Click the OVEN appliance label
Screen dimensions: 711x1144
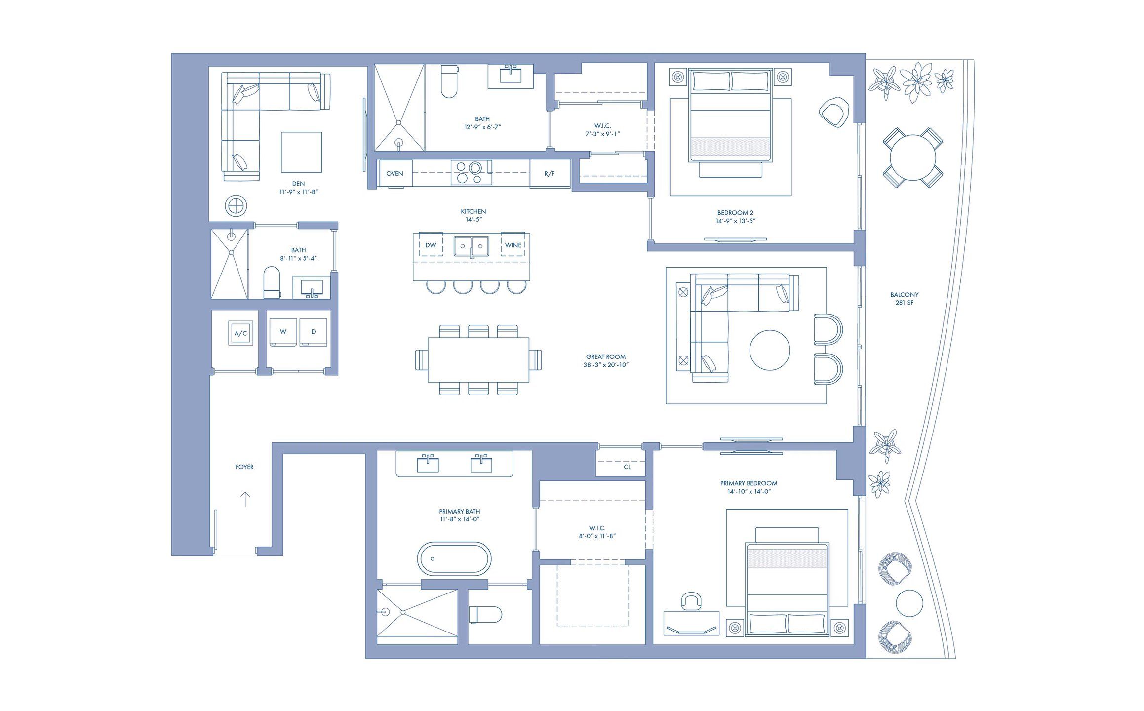[x=394, y=174]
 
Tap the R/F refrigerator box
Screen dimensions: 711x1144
[x=550, y=174]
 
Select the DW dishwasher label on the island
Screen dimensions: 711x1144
[x=431, y=245]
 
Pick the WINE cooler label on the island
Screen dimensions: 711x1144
[x=513, y=245]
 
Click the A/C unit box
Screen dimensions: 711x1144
[x=240, y=333]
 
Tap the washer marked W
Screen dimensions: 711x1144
[x=283, y=332]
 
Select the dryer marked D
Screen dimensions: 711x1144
[x=313, y=332]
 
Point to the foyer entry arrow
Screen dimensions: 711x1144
[x=245, y=499]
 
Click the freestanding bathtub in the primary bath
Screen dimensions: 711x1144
[x=454, y=559]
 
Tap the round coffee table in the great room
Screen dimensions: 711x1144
[x=769, y=351]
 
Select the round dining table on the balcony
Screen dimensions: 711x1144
[x=912, y=158]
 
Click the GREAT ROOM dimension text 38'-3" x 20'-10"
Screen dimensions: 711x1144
[x=606, y=365]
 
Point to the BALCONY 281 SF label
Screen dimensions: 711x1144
[x=904, y=299]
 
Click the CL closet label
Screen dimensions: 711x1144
[x=627, y=467]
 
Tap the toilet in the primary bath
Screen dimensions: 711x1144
[x=485, y=615]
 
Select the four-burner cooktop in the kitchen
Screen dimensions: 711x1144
[x=471, y=173]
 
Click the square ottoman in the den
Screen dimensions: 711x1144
[x=301, y=152]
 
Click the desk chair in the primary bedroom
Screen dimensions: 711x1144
[x=691, y=602]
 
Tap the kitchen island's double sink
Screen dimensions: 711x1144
[x=472, y=246]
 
